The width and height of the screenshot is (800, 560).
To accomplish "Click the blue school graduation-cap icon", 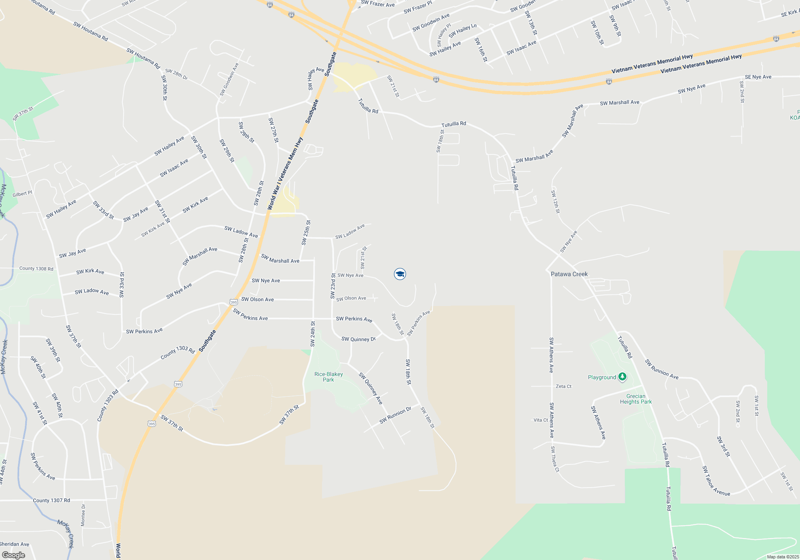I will point(400,274).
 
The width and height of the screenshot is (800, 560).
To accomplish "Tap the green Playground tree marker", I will point(622,377).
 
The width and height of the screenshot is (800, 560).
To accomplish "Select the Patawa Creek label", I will point(569,274).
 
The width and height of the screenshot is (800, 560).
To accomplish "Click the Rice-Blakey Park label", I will point(328,377).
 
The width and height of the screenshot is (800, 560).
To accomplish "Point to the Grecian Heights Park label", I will point(636,399).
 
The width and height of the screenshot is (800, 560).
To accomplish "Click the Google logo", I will point(14,555).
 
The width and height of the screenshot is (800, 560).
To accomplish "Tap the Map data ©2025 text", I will point(783,557).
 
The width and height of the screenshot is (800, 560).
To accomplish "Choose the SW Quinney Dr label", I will point(358,339).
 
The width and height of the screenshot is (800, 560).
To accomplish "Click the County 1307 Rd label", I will point(51,500).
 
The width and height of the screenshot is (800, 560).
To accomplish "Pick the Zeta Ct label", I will point(564,386).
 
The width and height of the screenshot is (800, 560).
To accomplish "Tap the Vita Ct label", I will point(541,420).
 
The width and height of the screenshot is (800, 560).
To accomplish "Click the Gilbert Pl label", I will point(22,194).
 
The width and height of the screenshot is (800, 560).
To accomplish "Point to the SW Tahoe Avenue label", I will point(716,481).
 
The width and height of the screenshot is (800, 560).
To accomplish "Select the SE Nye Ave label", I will point(758,77).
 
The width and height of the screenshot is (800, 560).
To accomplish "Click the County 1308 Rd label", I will point(36,268).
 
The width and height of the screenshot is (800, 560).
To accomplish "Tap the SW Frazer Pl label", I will point(418,7).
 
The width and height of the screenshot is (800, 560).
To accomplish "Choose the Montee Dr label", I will point(83,515).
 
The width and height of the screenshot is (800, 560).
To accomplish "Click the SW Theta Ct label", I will point(555,459).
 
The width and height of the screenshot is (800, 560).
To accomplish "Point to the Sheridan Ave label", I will point(14,544).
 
